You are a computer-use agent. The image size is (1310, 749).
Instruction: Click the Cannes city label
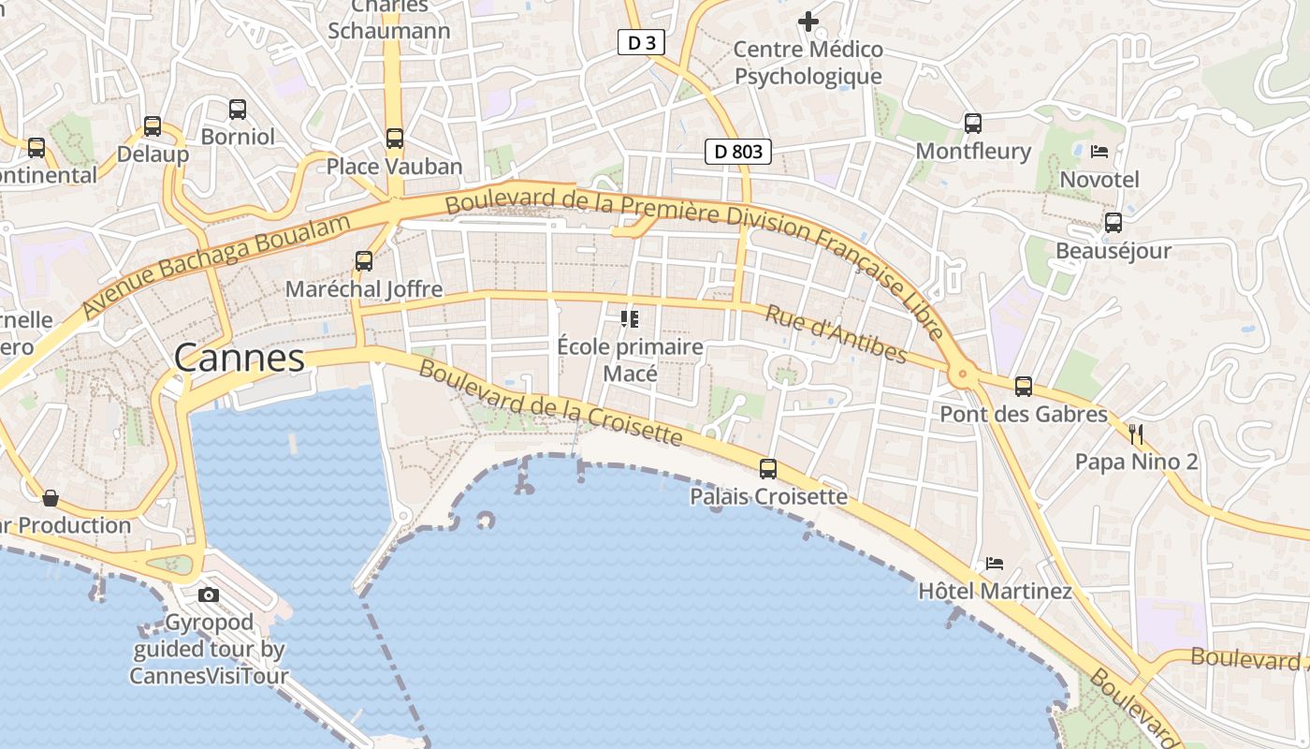click(x=240, y=358)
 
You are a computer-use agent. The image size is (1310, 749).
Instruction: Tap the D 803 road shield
click(x=738, y=151)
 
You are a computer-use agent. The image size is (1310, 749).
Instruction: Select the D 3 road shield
click(x=641, y=42)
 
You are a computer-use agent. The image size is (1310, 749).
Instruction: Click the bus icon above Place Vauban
click(x=395, y=139)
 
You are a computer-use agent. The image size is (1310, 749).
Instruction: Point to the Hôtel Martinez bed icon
click(x=995, y=564)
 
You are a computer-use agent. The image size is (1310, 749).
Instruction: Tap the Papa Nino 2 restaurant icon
click(x=1137, y=433)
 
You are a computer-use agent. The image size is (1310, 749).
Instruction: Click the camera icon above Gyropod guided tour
click(x=209, y=595)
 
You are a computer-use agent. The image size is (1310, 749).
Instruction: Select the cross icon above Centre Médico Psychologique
click(x=808, y=21)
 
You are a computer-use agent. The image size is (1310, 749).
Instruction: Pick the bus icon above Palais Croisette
click(x=768, y=468)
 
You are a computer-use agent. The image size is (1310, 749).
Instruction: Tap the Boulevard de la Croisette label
click(x=551, y=402)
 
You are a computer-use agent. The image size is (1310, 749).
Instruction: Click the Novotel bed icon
click(x=1099, y=151)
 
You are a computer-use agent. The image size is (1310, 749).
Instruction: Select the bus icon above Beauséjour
click(x=1113, y=223)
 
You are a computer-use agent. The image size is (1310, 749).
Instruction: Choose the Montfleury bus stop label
click(x=973, y=151)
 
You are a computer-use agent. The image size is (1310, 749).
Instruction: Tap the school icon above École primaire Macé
click(x=630, y=319)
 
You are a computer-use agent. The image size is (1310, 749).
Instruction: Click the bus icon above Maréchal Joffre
click(x=364, y=261)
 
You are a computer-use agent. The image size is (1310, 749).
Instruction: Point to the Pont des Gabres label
click(x=1024, y=414)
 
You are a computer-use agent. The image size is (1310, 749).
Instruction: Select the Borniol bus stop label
click(x=238, y=137)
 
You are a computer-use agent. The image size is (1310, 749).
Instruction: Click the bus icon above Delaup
click(x=153, y=126)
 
